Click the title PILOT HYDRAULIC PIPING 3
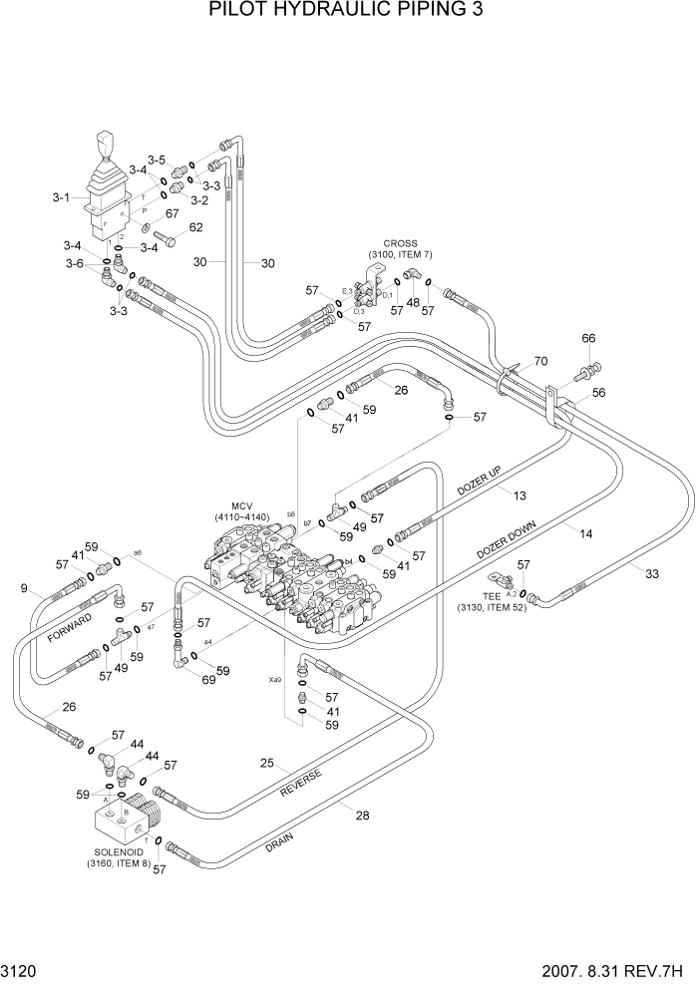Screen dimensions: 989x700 [x=349, y=14]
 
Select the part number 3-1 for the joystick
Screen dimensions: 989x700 [x=61, y=197]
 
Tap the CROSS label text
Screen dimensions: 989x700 [x=400, y=243]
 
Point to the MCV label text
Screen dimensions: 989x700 [x=244, y=505]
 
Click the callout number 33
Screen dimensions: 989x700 [x=652, y=572]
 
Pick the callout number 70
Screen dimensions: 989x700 [x=541, y=360]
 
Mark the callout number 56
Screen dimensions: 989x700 [x=598, y=393]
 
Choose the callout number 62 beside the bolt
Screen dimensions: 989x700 [x=196, y=227]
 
